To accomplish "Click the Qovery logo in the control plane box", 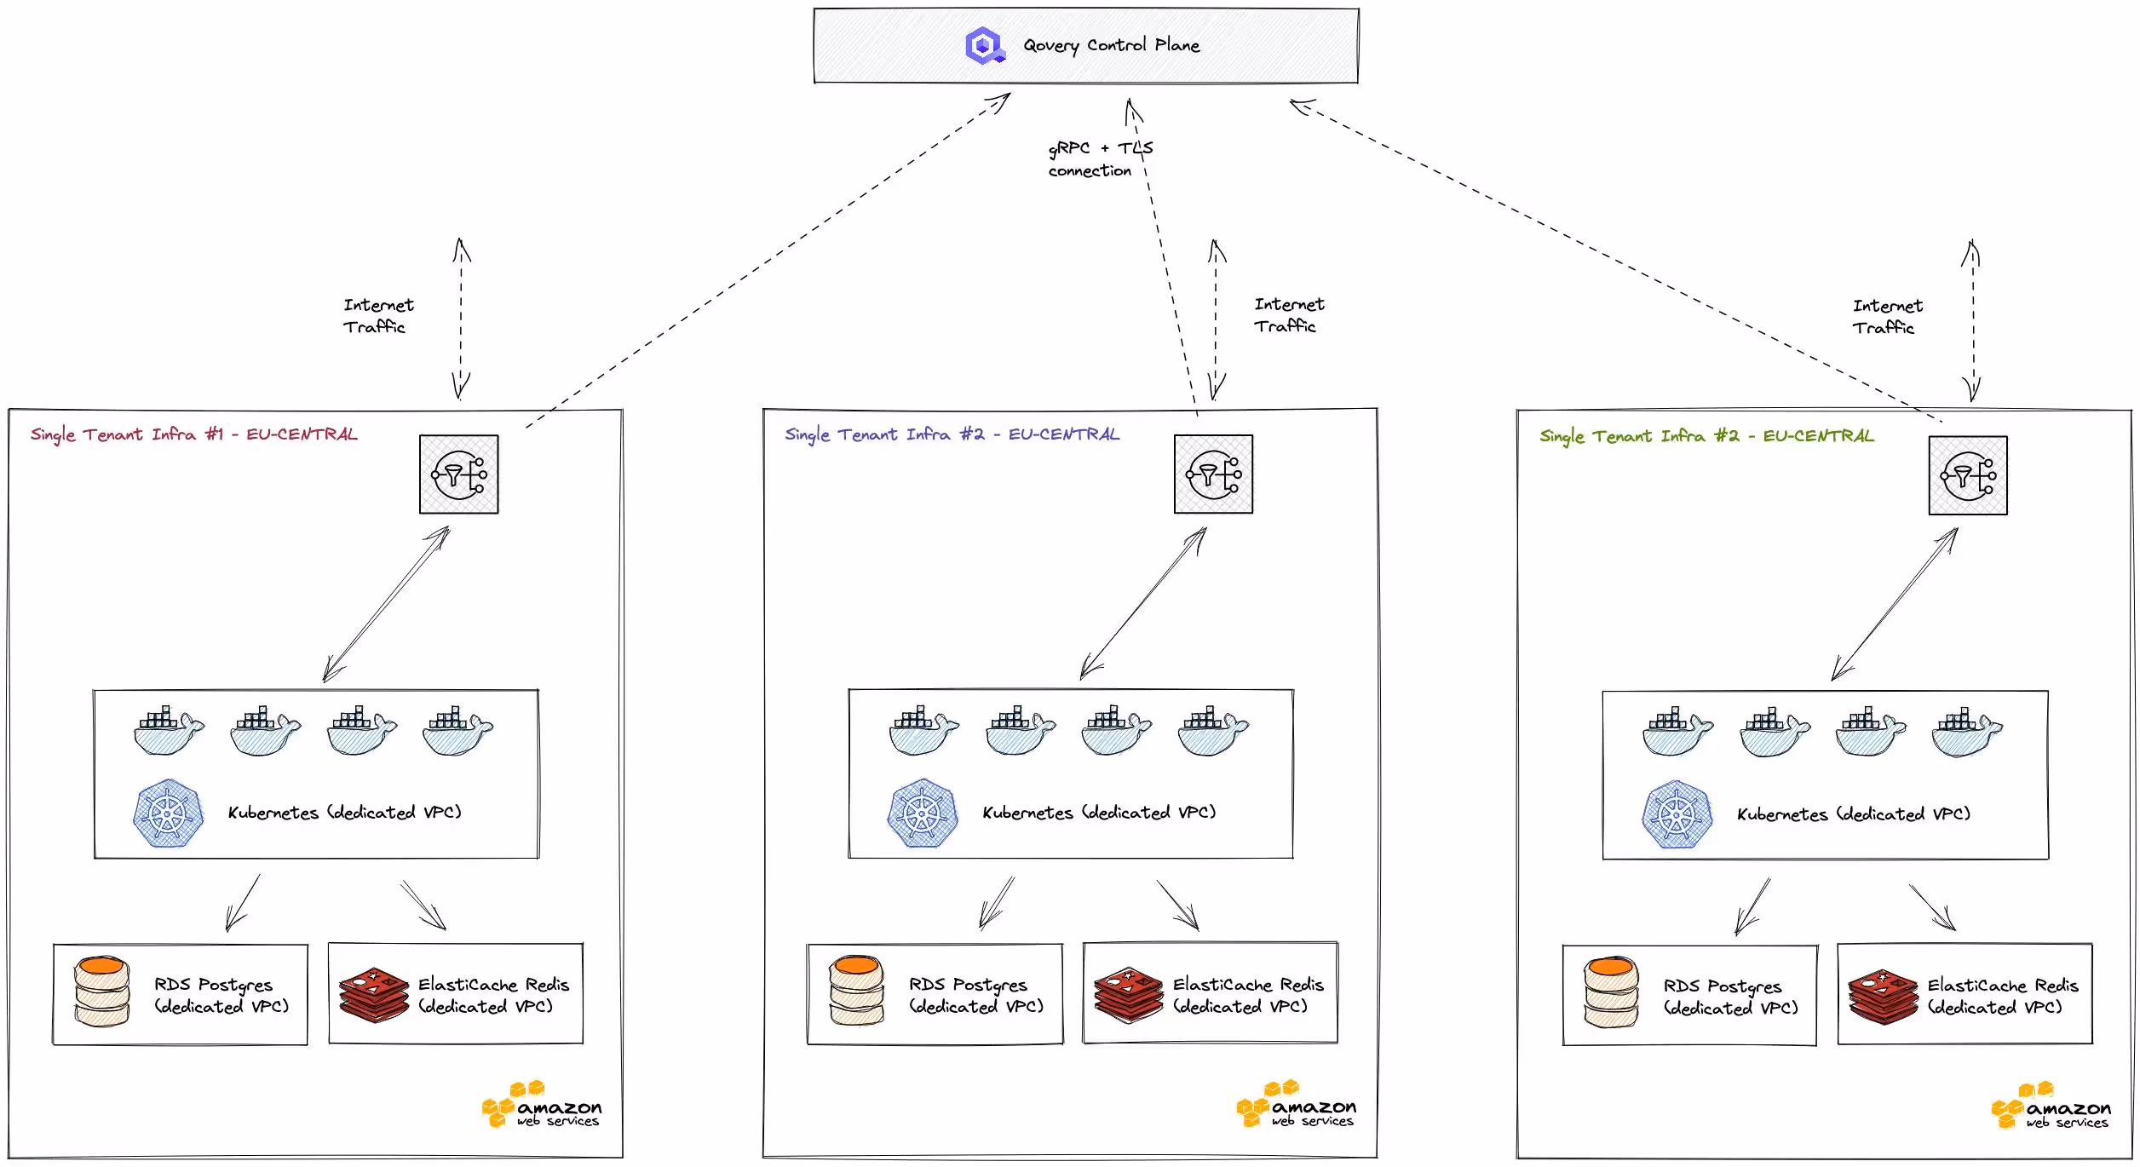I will pos(985,45).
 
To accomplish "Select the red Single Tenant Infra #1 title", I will pos(193,434).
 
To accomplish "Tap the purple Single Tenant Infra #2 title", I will pos(952,434).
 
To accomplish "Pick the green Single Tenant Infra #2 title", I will pos(1706,436).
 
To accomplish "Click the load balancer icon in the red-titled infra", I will pos(458,474).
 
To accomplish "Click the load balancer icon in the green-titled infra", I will pos(1967,475).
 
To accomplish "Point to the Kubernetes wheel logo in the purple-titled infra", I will pos(922,813).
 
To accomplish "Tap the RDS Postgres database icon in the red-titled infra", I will pos(101,992).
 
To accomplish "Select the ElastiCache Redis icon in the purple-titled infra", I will pos(1128,994).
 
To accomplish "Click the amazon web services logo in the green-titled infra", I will pos(2051,1107).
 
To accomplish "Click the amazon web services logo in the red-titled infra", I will pos(542,1106).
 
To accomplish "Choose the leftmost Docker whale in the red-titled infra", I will pos(169,730).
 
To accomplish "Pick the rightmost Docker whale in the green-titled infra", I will pos(1966,732).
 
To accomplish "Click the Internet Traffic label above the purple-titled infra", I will pos(1288,315).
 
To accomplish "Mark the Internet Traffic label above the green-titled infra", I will pos(1887,317).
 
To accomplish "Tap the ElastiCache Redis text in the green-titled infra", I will pos(2002,996).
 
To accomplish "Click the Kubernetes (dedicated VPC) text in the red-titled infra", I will pos(344,813).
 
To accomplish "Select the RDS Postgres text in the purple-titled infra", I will pos(975,995).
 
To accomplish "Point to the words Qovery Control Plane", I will pos(1111,45).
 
